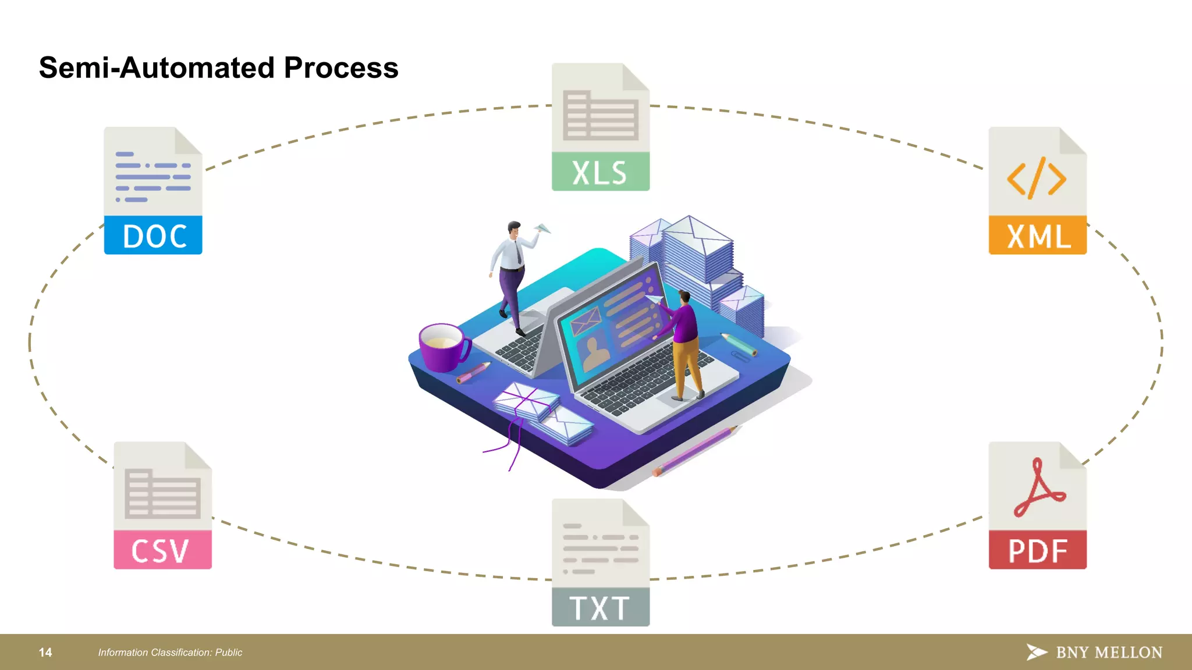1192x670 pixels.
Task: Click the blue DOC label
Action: click(153, 236)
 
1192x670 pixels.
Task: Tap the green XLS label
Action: click(600, 172)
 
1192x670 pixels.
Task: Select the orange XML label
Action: click(1038, 236)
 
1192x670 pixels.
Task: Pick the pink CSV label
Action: click(162, 550)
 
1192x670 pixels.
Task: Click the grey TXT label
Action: click(600, 608)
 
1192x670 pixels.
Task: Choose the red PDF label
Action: click(1038, 550)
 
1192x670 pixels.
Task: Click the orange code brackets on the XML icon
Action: click(1037, 179)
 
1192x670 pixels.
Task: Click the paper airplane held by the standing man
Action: click(542, 229)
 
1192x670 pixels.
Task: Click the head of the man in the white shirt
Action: click(514, 228)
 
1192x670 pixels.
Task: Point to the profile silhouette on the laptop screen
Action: click(595, 352)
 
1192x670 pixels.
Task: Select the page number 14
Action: click(45, 653)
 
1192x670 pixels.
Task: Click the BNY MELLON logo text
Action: click(1109, 653)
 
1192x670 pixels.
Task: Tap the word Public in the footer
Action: click(229, 653)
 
